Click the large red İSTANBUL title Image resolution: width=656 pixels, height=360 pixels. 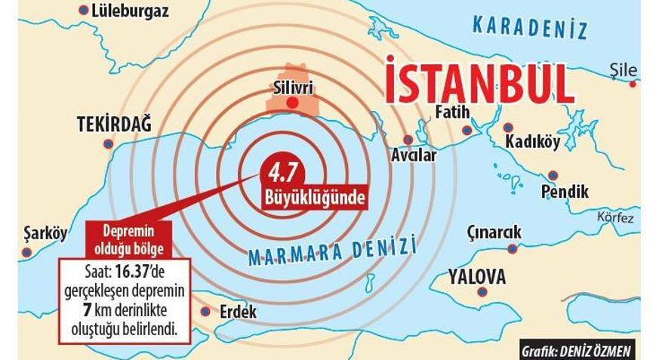point(479,79)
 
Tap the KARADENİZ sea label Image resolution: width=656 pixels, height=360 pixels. point(530,27)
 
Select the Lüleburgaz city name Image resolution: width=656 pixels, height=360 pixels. point(129,11)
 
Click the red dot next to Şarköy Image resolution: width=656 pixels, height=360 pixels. point(26,252)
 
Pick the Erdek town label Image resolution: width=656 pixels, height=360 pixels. point(238,312)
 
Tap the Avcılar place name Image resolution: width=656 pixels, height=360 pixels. point(414,156)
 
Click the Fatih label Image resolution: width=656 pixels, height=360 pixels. point(453,112)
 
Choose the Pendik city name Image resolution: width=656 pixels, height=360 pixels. point(565,192)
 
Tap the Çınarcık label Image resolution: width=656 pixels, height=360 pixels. point(494,232)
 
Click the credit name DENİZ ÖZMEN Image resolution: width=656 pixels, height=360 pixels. point(600,350)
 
